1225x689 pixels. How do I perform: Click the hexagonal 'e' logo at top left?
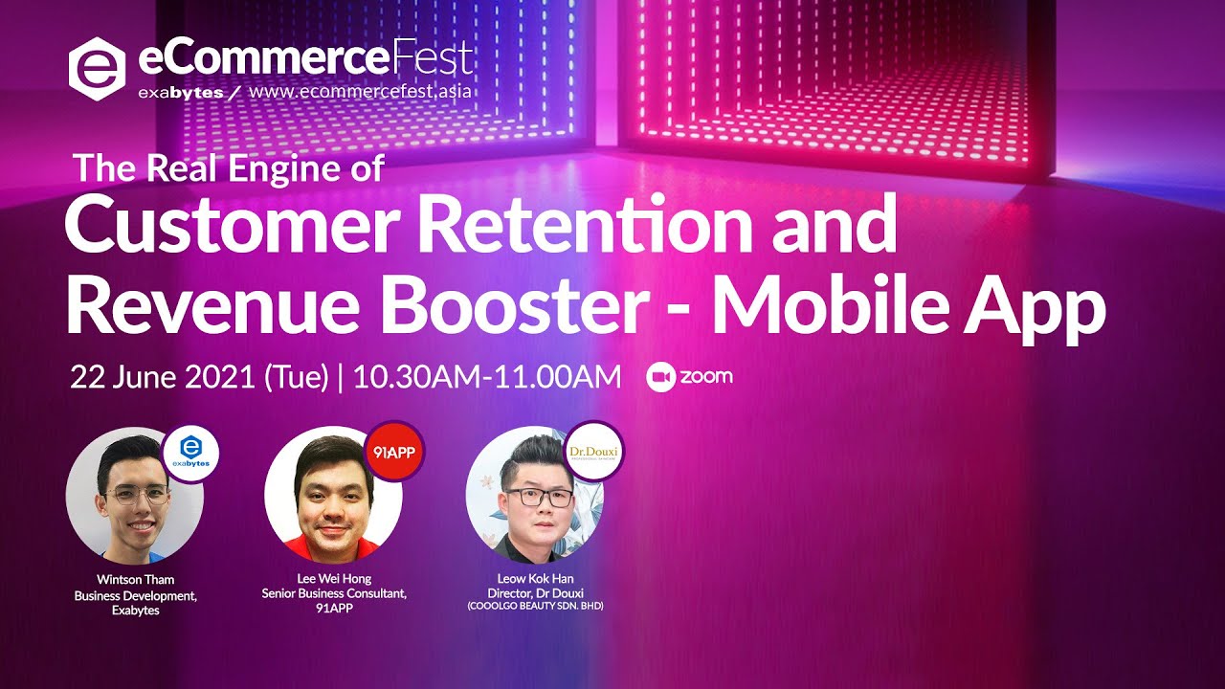pyautogui.click(x=98, y=69)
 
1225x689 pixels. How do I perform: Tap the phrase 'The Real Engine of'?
pyautogui.click(x=229, y=168)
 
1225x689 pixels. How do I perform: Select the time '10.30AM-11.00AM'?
pyautogui.click(x=487, y=377)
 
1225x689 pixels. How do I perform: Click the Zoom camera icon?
pyautogui.click(x=659, y=377)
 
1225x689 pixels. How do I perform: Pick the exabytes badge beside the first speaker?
pyautogui.click(x=190, y=453)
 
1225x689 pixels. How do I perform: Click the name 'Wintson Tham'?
pyautogui.click(x=135, y=579)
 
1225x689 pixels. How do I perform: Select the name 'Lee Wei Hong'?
pyautogui.click(x=334, y=579)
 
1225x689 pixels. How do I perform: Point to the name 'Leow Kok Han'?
pyautogui.click(x=535, y=579)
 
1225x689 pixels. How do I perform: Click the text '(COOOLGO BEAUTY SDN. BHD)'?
pyautogui.click(x=535, y=607)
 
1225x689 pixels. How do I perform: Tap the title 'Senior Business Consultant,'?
pyautogui.click(x=334, y=593)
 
